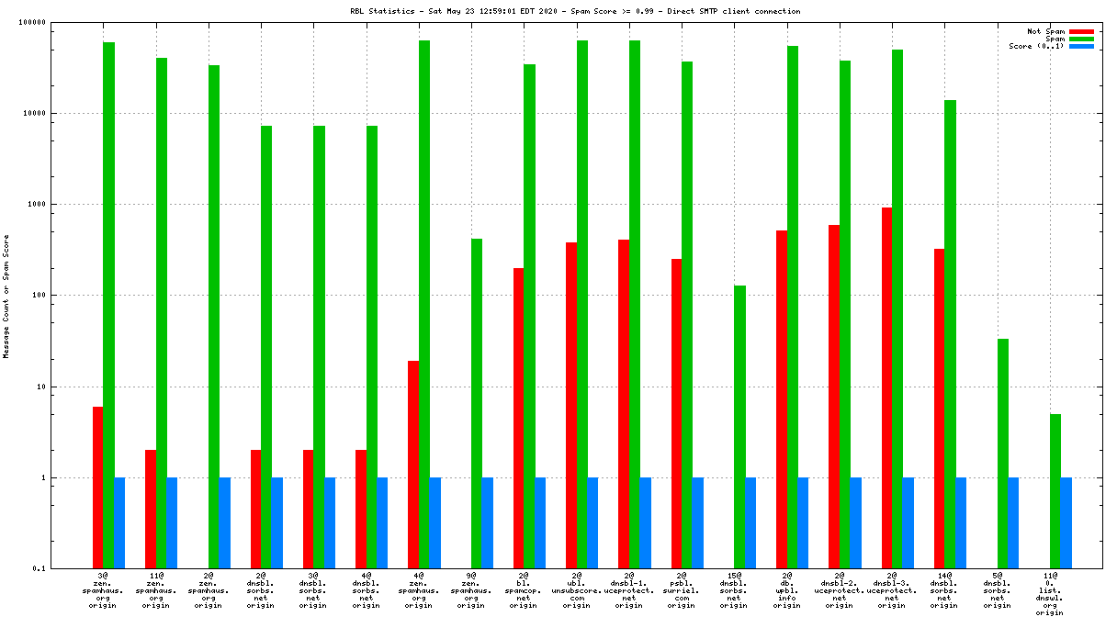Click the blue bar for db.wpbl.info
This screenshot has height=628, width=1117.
803,522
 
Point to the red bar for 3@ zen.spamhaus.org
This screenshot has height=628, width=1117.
97,488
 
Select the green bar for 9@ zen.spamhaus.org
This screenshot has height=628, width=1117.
477,403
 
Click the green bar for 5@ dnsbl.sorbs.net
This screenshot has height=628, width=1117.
1003,454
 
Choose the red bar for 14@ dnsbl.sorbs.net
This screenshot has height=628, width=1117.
939,409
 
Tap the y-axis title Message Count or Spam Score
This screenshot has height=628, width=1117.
6,296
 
